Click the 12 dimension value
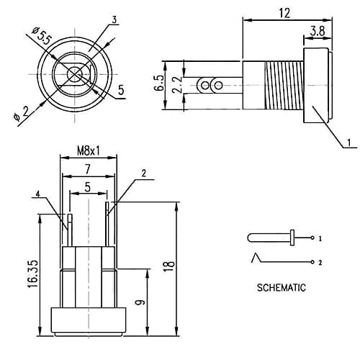pos(284,13)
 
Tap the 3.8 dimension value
pos(318,31)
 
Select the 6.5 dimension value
pos(159,83)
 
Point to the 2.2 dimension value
pos(178,85)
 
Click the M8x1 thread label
pos(88,151)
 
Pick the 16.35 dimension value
pos(32,274)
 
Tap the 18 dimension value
pos(169,266)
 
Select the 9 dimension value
pos(140,302)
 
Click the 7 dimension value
pos(88,169)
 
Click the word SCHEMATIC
pos(282,287)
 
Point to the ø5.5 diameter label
pos(42,36)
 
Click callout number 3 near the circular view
pos(114,19)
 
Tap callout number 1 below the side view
pos(349,143)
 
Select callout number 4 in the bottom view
pos(37,194)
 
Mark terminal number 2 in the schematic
pos(320,262)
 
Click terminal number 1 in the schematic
pos(320,238)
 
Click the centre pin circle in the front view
pos(75,75)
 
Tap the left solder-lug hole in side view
pos(204,86)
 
